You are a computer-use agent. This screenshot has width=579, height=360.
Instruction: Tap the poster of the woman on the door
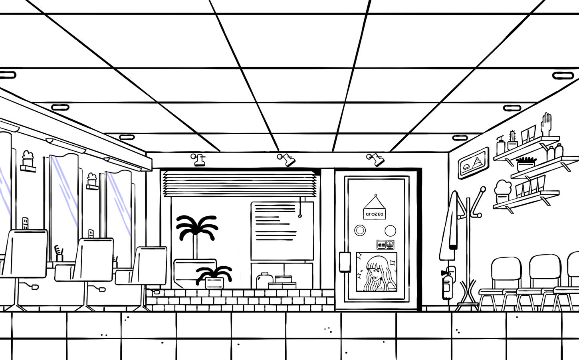point(376,272)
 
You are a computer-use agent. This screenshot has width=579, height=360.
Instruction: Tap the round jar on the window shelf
point(264,279)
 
